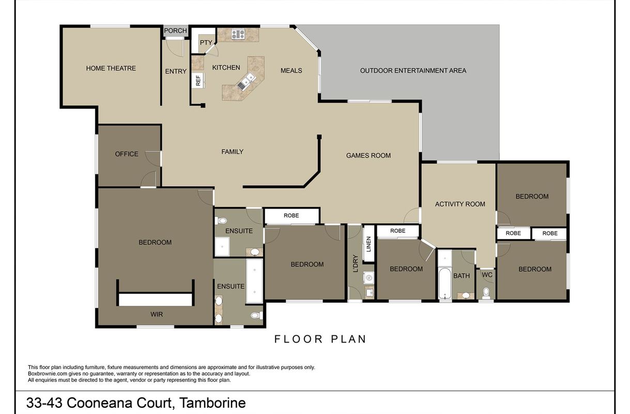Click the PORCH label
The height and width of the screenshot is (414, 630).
pos(175,31)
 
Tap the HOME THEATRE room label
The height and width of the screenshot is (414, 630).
pos(111,68)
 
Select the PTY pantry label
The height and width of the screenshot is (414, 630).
pos(206,42)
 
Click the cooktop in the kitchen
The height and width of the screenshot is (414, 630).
pos(238,34)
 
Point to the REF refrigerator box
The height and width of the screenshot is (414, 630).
pos(198,80)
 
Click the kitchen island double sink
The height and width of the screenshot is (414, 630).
pos(246,81)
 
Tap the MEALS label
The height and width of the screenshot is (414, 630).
pos(291,70)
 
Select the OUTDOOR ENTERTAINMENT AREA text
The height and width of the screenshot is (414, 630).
pos(413,70)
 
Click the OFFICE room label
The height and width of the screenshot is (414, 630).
pos(127,154)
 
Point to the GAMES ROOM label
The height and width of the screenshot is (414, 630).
pos(368,155)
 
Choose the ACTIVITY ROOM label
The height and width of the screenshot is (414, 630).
pos(460,204)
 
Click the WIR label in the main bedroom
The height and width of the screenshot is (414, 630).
pos(157,314)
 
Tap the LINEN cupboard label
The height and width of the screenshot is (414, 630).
pos(368,244)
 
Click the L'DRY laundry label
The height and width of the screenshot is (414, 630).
pos(356,263)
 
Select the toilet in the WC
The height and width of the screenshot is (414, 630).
pos(486,293)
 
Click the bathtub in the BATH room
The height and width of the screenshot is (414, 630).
pos(444,283)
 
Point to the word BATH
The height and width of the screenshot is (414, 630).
pos(461,276)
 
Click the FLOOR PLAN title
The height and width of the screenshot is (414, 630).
pos(320,339)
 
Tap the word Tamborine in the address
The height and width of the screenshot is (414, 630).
pos(212,403)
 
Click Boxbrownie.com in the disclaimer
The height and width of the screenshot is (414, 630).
pos(48,374)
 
